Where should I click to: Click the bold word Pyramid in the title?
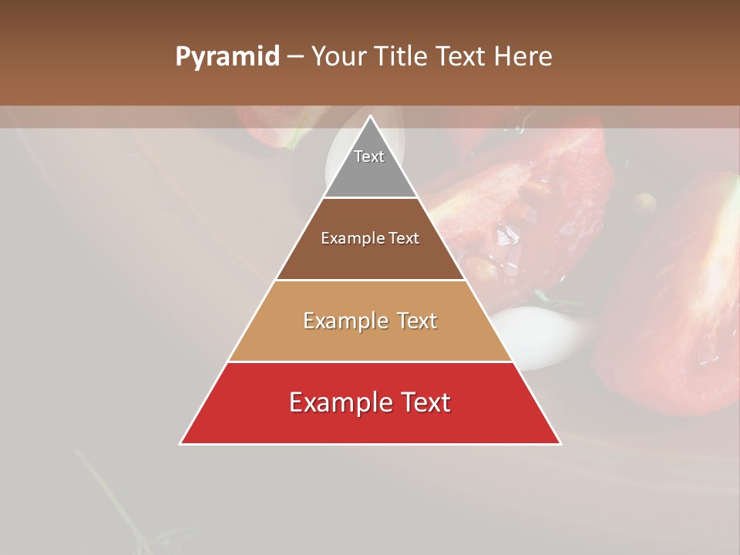[x=227, y=57]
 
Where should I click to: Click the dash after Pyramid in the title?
[x=295, y=57]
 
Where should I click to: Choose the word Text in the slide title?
[x=462, y=57]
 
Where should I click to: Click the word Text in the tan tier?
[x=418, y=321]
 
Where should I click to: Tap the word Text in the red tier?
[x=426, y=402]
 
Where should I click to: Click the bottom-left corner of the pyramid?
[x=180, y=444]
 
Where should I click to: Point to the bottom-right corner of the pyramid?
[x=560, y=444]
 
